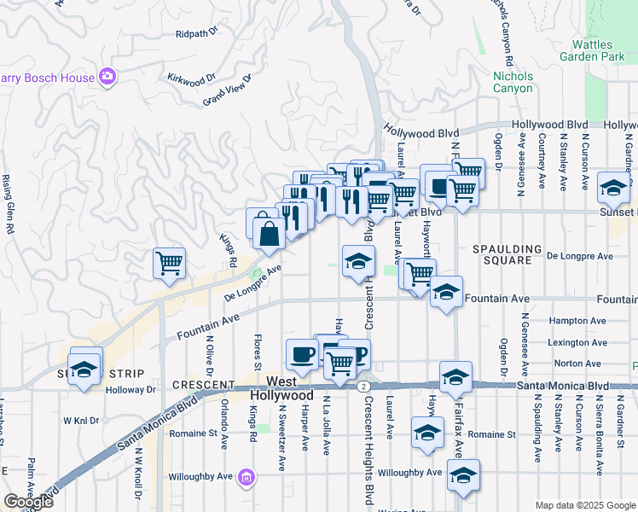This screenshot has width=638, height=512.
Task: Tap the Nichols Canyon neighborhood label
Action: (513, 82)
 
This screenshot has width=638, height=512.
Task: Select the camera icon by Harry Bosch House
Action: (107, 78)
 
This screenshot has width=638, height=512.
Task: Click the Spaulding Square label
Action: (508, 256)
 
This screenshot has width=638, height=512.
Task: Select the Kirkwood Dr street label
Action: (186, 80)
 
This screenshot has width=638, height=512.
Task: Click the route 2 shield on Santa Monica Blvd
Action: (363, 386)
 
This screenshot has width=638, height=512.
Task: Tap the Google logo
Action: (28, 502)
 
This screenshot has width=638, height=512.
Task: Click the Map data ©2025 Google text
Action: (585, 505)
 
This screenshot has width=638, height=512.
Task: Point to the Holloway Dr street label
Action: (131, 390)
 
